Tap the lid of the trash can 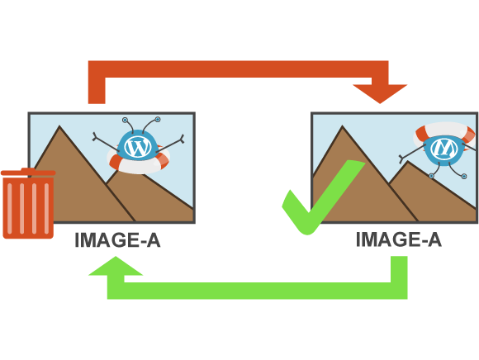[28, 172]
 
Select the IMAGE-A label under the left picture [117, 240]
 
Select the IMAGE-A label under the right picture [399, 239]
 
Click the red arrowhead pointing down [380, 93]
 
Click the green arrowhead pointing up [116, 266]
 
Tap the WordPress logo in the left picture [138, 147]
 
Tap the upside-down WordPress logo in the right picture [443, 149]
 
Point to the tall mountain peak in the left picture [59, 126]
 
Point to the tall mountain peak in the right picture [342, 126]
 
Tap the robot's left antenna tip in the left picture [125, 120]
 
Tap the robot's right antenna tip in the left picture [158, 119]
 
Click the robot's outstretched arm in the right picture [412, 154]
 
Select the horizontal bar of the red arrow [239, 69]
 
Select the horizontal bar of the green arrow [257, 291]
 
